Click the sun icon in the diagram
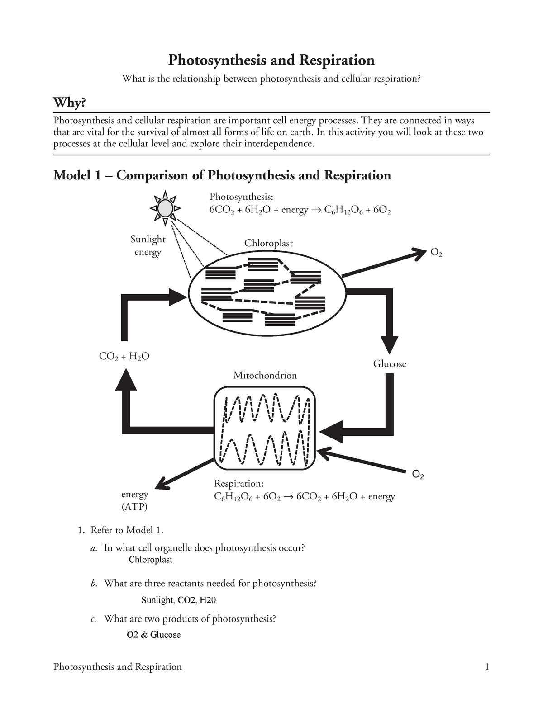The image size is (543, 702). tap(165, 208)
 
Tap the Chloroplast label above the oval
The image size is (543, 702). tap(268, 243)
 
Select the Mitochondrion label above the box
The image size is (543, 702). tap(265, 375)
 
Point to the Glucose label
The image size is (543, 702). tap(390, 364)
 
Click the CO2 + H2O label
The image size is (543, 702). tap(124, 357)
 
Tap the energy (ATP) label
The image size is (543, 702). tap(134, 500)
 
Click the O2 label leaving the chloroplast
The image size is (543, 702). tap(436, 253)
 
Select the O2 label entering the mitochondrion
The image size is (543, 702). tap(418, 475)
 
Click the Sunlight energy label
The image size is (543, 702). tap(148, 245)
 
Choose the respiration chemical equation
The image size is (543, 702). tap(304, 497)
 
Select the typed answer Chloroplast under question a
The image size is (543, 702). tap(151, 560)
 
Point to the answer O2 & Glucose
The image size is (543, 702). tap(154, 635)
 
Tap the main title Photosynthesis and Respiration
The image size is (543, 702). tap(271, 60)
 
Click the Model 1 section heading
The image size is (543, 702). tap(222, 175)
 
